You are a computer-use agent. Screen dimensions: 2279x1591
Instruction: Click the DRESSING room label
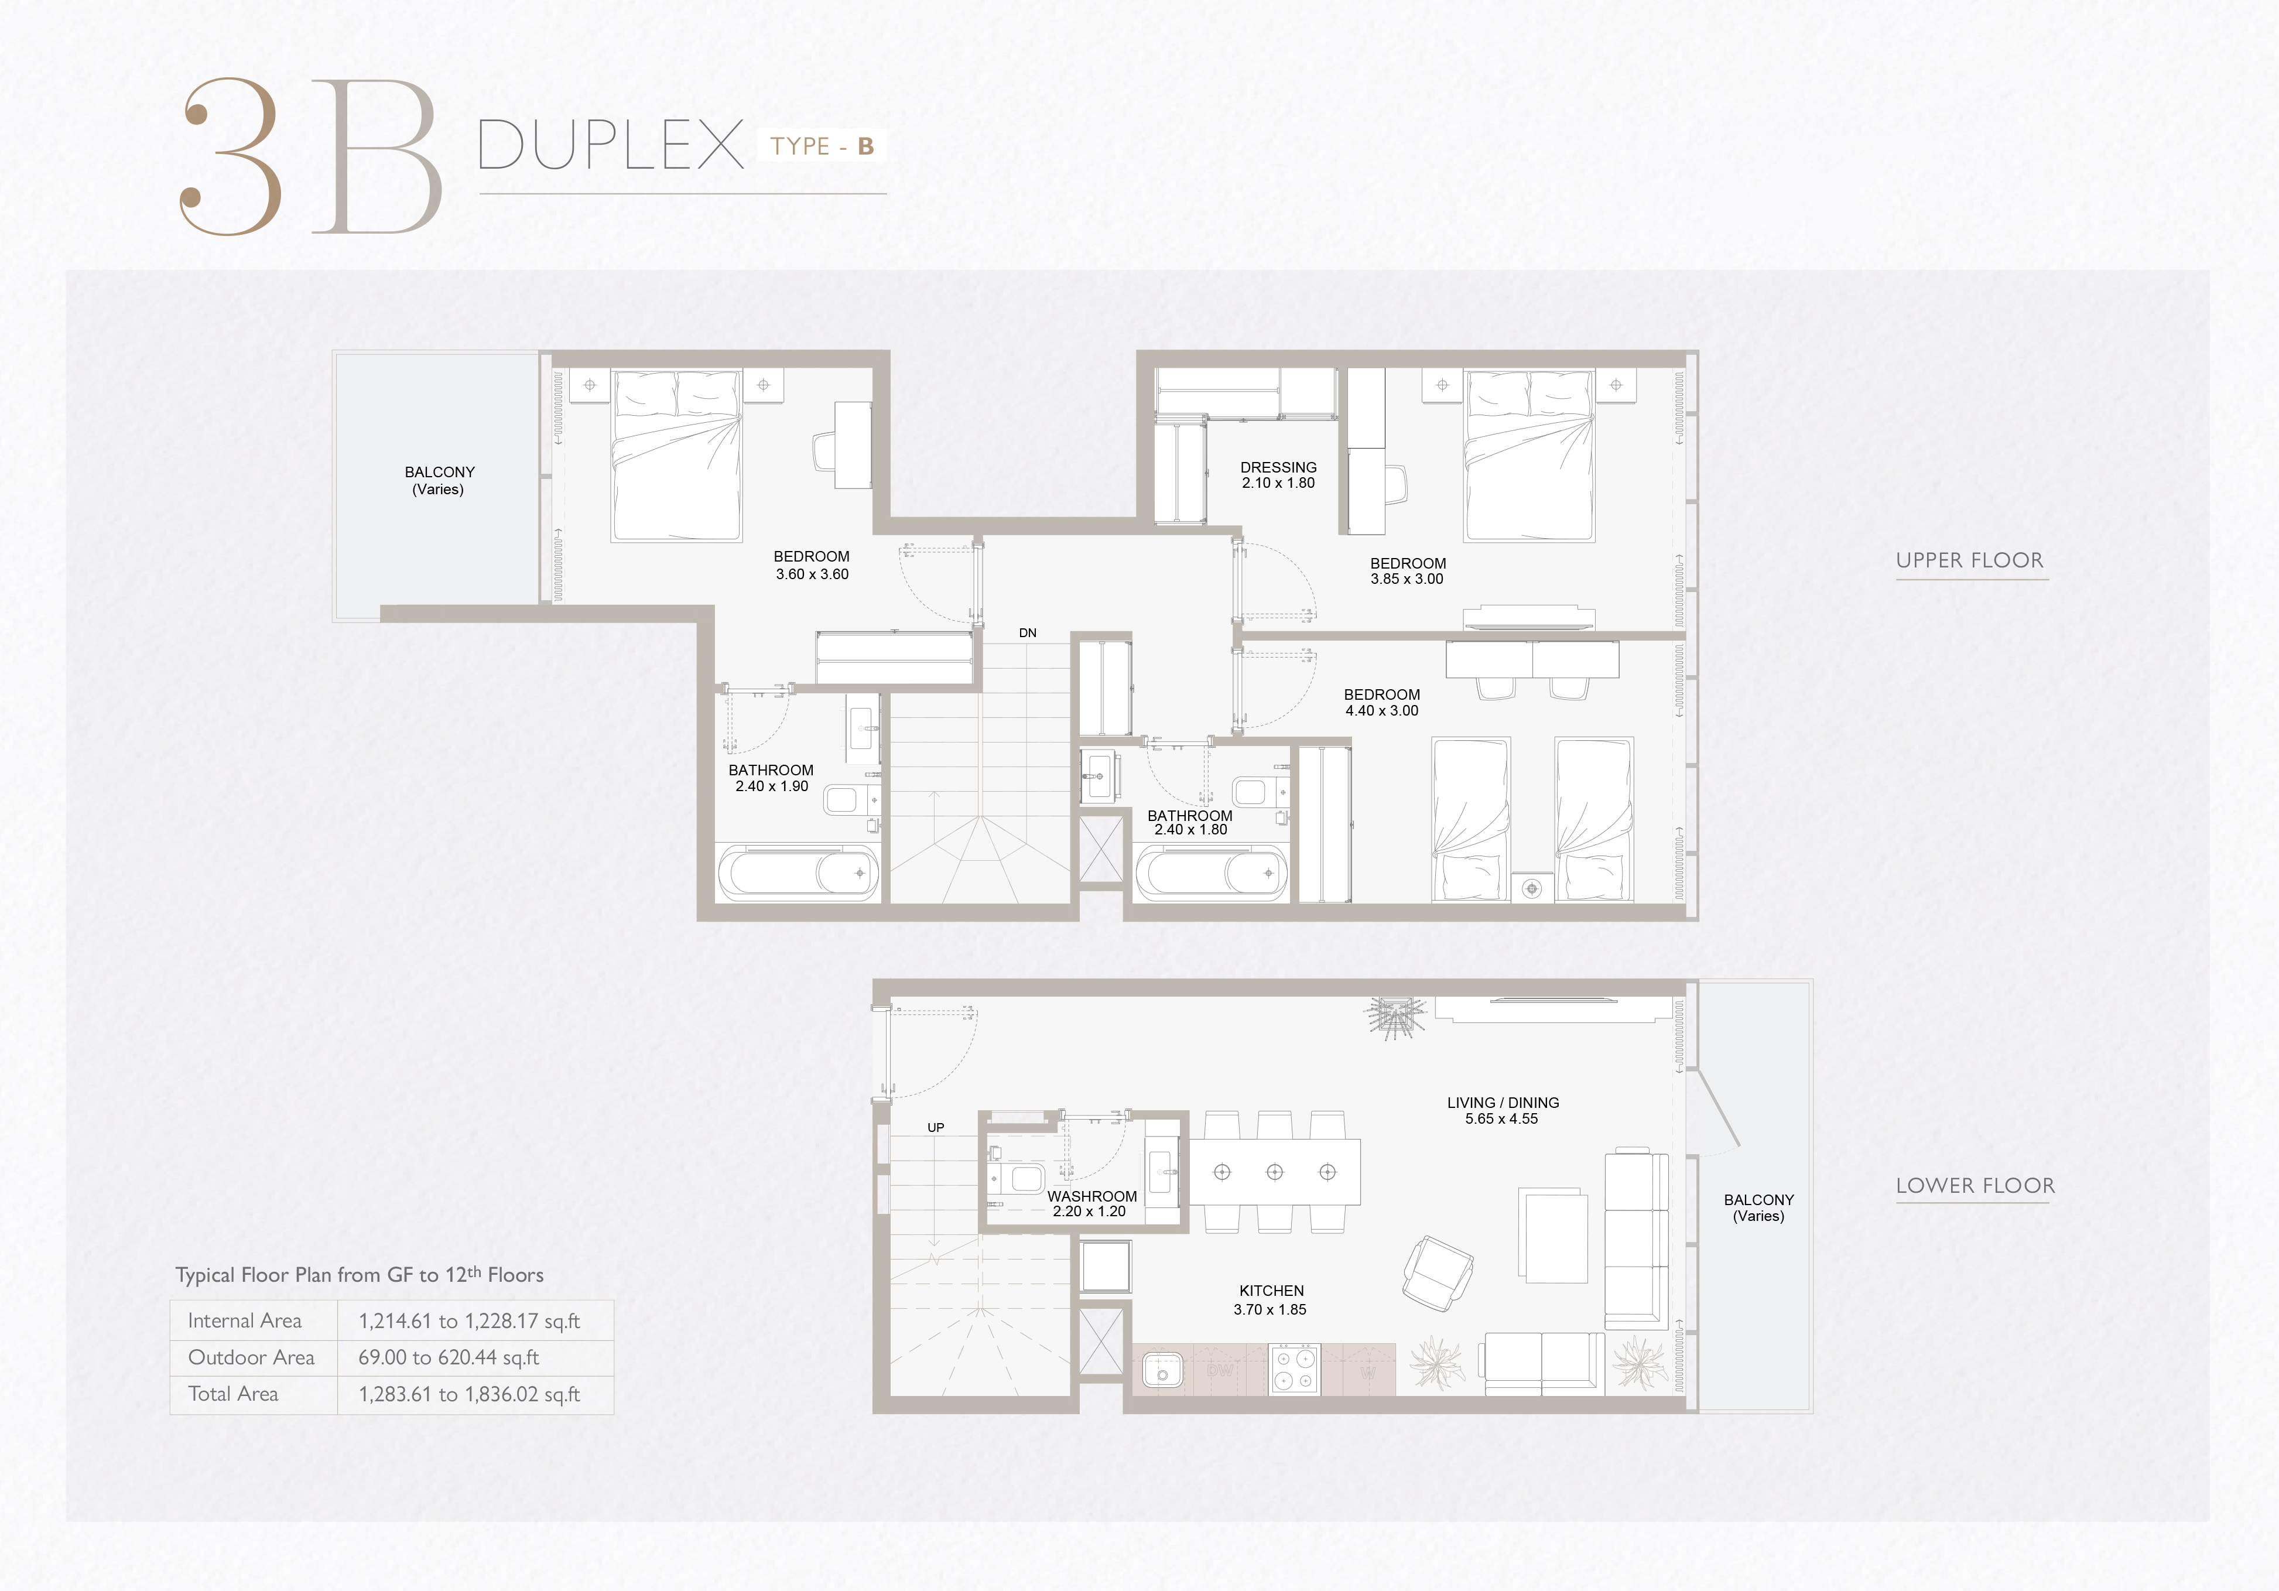click(1278, 467)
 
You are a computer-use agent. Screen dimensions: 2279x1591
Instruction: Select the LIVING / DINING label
click(1503, 1103)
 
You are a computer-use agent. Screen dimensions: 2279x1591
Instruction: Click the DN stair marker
click(1027, 633)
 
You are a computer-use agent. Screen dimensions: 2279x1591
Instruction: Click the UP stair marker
click(936, 1127)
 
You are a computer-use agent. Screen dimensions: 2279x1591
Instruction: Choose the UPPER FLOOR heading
click(1970, 561)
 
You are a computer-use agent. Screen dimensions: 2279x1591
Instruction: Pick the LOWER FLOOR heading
click(1975, 1186)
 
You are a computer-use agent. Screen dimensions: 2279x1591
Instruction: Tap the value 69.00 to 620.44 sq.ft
click(449, 1358)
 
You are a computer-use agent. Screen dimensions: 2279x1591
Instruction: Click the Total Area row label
click(233, 1394)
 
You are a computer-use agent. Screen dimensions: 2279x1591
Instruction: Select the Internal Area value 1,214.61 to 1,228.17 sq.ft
click(470, 1321)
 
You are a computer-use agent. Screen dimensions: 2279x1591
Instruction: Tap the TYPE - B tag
click(822, 146)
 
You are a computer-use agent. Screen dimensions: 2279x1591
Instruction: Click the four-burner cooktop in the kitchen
click(1294, 1370)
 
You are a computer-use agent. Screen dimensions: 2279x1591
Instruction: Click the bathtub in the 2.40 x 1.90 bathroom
click(798, 874)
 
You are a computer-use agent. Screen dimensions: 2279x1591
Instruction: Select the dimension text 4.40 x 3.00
click(1382, 711)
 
